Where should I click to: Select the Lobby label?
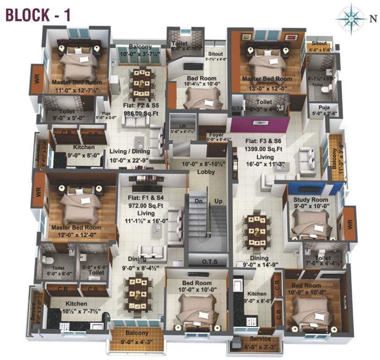[x=206, y=172]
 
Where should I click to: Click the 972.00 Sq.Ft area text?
[x=142, y=205]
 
